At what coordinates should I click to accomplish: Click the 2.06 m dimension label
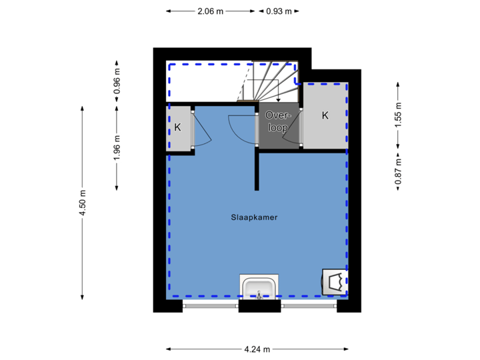pyautogui.click(x=210, y=11)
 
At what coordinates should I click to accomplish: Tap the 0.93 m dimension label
pyautogui.click(x=279, y=11)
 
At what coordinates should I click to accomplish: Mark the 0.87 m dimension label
pyautogui.click(x=399, y=171)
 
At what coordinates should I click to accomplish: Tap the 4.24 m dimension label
pyautogui.click(x=257, y=349)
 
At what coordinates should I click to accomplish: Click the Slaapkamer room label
pyautogui.click(x=254, y=217)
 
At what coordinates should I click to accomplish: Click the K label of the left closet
pyautogui.click(x=177, y=127)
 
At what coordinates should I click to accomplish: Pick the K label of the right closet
pyautogui.click(x=325, y=115)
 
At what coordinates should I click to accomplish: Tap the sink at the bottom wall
pyautogui.click(x=259, y=287)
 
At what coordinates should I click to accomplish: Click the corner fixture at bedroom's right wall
pyautogui.click(x=333, y=281)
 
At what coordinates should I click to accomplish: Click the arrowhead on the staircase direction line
pyautogui.click(x=279, y=99)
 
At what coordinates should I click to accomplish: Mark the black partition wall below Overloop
pyautogui.click(x=257, y=169)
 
